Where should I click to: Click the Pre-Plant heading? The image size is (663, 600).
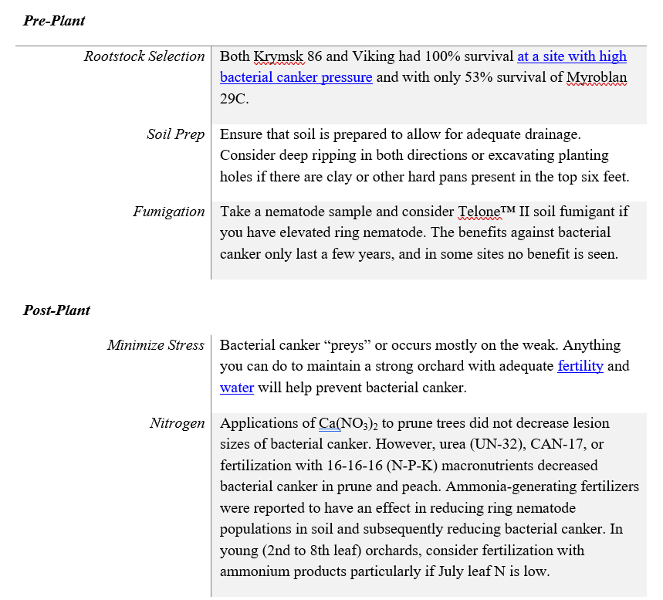tap(54, 21)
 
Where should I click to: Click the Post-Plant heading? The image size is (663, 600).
tap(56, 310)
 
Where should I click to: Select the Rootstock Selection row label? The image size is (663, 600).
tap(144, 56)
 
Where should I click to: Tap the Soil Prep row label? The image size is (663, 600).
tap(176, 134)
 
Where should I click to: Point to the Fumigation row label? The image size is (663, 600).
tap(169, 212)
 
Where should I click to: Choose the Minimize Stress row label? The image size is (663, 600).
tap(156, 345)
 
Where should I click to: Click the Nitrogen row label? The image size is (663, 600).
tap(178, 423)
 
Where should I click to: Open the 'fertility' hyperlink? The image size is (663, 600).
tap(580, 366)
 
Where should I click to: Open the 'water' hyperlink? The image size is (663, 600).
tap(237, 388)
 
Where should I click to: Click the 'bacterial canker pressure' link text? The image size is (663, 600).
tap(296, 77)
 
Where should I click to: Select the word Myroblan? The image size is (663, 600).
tap(596, 77)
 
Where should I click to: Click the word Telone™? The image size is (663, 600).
tap(485, 212)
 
